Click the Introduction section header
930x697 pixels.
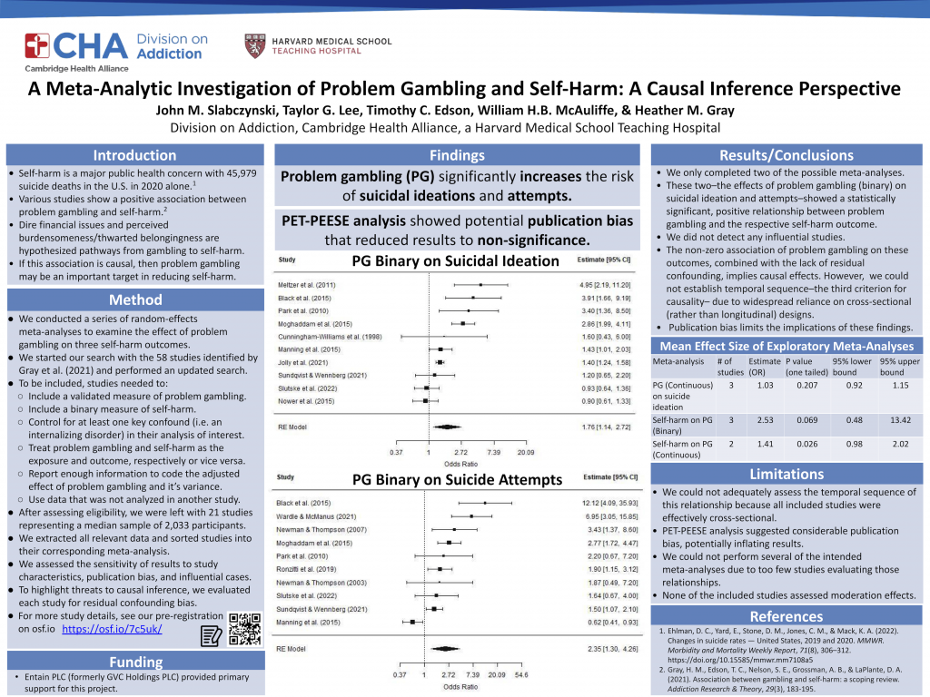click(x=135, y=155)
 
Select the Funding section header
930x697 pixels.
click(x=135, y=662)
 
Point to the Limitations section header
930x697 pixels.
click(x=787, y=475)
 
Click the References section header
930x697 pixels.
click(x=787, y=617)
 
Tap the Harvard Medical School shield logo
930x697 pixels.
click(x=255, y=46)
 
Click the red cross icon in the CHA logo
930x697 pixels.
click(x=37, y=45)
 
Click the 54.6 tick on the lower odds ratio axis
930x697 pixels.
click(x=520, y=676)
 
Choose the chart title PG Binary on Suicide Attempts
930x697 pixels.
click(x=458, y=480)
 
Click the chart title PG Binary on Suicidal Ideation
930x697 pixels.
click(x=456, y=261)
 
